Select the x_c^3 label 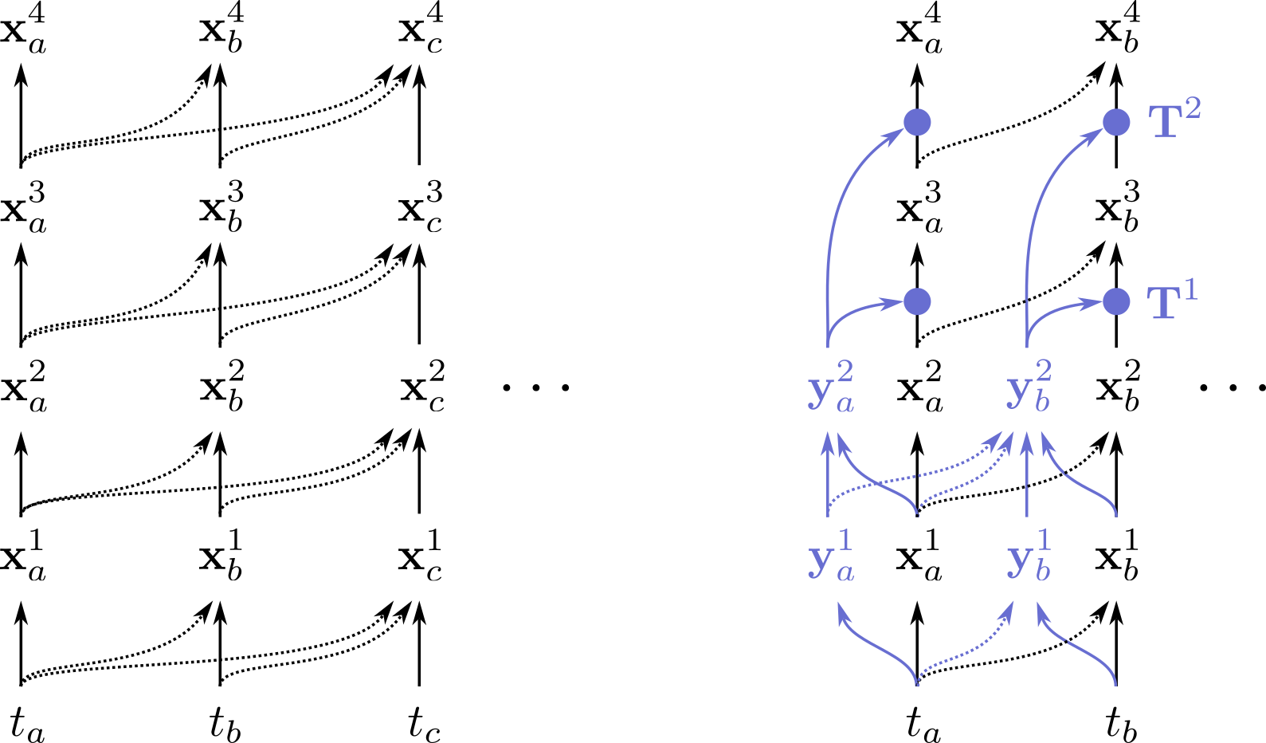[421, 210]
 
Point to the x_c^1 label [421, 558]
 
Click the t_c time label [424, 724]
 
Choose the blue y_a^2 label [831, 389]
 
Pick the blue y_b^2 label [1029, 389]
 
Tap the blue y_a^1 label [831, 558]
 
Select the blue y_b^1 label [1029, 558]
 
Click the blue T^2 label [1174, 120]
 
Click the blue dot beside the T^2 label [1116, 122]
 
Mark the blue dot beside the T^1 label [1116, 301]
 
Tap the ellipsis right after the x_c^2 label [536, 388]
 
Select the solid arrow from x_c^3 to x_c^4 [419, 116]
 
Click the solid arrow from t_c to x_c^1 [419, 644]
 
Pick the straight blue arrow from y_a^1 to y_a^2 [829, 474]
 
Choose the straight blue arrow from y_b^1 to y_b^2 [1026, 474]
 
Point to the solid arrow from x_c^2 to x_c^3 [419, 295]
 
